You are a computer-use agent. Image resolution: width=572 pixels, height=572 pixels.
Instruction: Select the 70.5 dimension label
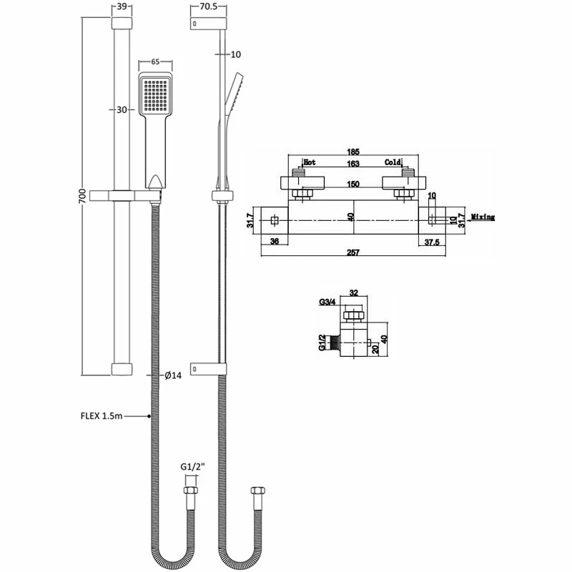point(208,6)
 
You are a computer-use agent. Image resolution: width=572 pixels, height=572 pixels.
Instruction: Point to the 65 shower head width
point(155,62)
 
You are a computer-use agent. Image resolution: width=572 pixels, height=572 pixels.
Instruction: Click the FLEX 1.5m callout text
point(101,415)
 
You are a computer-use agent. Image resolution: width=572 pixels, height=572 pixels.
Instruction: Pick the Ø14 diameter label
point(172,376)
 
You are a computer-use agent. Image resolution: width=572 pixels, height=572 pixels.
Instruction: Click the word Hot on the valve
point(310,162)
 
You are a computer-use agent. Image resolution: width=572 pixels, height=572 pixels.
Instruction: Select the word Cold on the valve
point(393,162)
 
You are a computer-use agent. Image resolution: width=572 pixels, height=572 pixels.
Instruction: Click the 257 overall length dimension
point(353,252)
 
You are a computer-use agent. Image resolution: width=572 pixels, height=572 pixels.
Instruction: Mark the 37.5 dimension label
point(430,242)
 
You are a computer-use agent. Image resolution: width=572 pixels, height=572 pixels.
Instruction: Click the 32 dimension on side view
point(353,292)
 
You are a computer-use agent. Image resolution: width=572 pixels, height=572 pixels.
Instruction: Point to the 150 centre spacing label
point(352,184)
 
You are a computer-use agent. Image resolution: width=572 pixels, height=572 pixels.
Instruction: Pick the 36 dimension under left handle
point(275,242)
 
